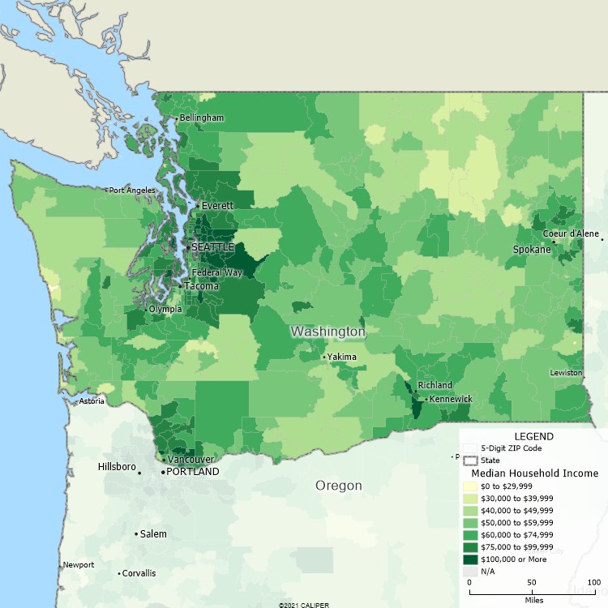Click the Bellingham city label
tap(201, 118)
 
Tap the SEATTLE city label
tap(212, 246)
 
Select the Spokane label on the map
tap(532, 250)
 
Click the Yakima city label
tap(341, 357)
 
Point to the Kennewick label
tap(451, 399)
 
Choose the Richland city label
tap(435, 385)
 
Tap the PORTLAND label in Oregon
tap(192, 472)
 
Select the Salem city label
tap(153, 534)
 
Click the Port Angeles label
tap(131, 191)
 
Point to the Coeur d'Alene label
tap(571, 233)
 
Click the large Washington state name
tap(328, 332)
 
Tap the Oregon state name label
tap(339, 486)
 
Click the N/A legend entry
tap(488, 572)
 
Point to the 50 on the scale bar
tap(532, 583)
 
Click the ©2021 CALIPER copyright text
tap(304, 605)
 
